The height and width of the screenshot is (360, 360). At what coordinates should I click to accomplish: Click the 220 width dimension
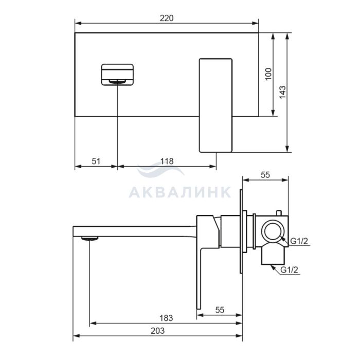click(x=167, y=18)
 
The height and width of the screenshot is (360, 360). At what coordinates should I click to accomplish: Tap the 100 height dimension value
click(x=268, y=74)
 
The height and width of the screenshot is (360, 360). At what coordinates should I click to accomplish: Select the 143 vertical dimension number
click(x=282, y=92)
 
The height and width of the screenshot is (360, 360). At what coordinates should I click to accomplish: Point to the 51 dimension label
click(x=96, y=161)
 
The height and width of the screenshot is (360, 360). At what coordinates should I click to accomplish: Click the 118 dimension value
click(x=167, y=161)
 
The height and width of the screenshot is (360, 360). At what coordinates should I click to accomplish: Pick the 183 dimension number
click(x=166, y=318)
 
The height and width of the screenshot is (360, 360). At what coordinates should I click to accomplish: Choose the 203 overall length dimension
click(x=157, y=331)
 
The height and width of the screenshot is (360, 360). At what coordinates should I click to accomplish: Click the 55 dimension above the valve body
click(x=265, y=175)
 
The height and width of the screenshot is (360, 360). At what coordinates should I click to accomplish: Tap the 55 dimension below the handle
click(x=220, y=310)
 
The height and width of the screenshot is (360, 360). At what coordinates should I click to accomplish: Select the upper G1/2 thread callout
click(x=299, y=241)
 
